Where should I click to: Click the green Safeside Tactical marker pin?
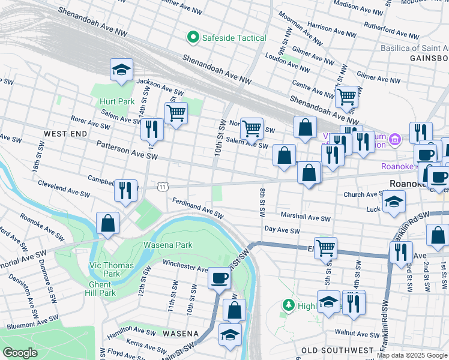193,38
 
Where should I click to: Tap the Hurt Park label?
117,101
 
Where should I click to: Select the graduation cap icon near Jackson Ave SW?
121,70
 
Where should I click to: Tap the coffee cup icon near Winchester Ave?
219,278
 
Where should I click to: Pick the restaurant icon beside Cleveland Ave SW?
125,190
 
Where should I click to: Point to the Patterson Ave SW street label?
127,151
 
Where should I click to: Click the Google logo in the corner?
20,352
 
